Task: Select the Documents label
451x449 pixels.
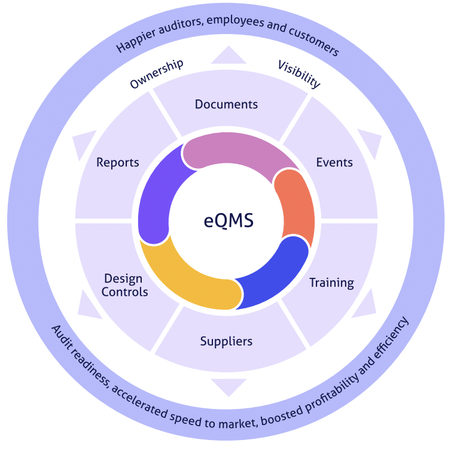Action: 226,104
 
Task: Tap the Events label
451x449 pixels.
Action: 334,162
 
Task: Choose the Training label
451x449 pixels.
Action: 331,283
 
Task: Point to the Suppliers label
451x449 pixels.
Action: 226,341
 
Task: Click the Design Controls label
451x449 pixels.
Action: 124,285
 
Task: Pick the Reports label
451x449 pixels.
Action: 118,162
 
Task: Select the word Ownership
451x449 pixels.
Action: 157,74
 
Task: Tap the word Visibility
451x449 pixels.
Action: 299,74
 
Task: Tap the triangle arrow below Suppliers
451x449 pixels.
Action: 228,386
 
